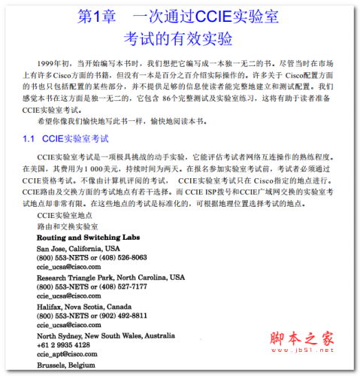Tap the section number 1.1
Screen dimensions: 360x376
(x=29, y=139)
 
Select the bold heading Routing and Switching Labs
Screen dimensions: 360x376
(x=86, y=238)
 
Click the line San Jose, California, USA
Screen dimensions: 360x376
(x=78, y=248)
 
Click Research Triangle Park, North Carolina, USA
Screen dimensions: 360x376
(x=110, y=277)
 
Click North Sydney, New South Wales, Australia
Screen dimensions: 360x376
(x=108, y=335)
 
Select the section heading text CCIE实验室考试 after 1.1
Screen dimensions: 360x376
(x=76, y=139)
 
